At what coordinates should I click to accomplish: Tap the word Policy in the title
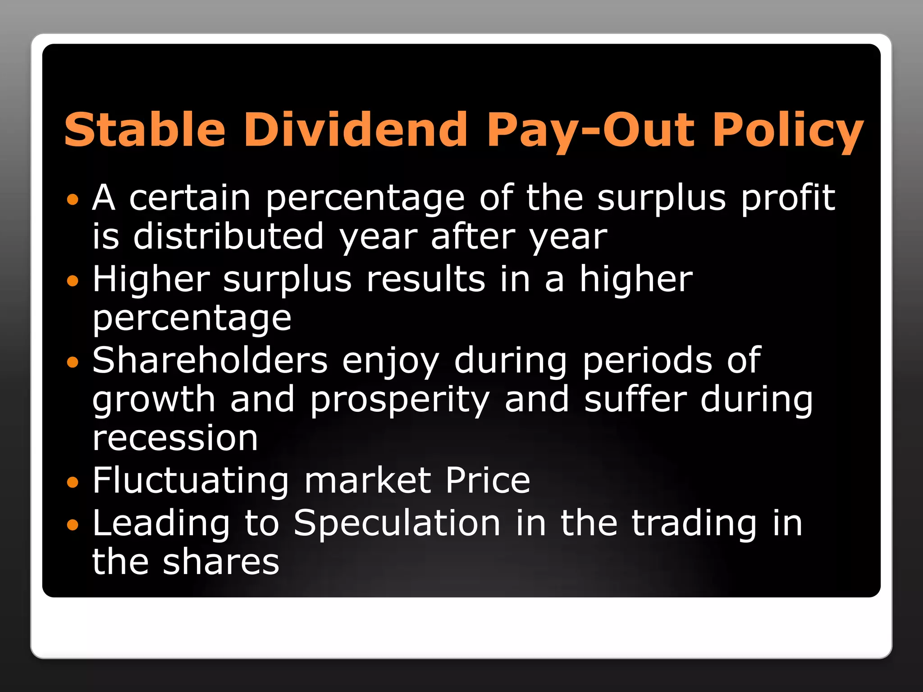(x=788, y=131)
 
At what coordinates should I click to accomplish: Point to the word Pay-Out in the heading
(x=590, y=131)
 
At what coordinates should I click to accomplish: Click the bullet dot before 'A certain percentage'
(x=72, y=199)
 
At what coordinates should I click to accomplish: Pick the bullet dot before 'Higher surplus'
(x=72, y=281)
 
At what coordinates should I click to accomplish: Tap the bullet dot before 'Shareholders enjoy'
(x=72, y=362)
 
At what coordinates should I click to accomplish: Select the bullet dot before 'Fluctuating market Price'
(x=72, y=483)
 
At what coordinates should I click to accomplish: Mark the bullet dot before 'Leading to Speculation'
(x=72, y=524)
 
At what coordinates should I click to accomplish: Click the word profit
(x=788, y=198)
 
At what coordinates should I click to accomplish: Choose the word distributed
(x=228, y=237)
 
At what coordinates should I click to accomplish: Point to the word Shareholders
(x=210, y=360)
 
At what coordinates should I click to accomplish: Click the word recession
(x=175, y=438)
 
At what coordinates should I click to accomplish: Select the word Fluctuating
(x=191, y=481)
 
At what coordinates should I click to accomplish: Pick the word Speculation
(x=397, y=524)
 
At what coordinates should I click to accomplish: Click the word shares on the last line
(x=221, y=562)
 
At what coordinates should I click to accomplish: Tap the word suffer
(x=635, y=400)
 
